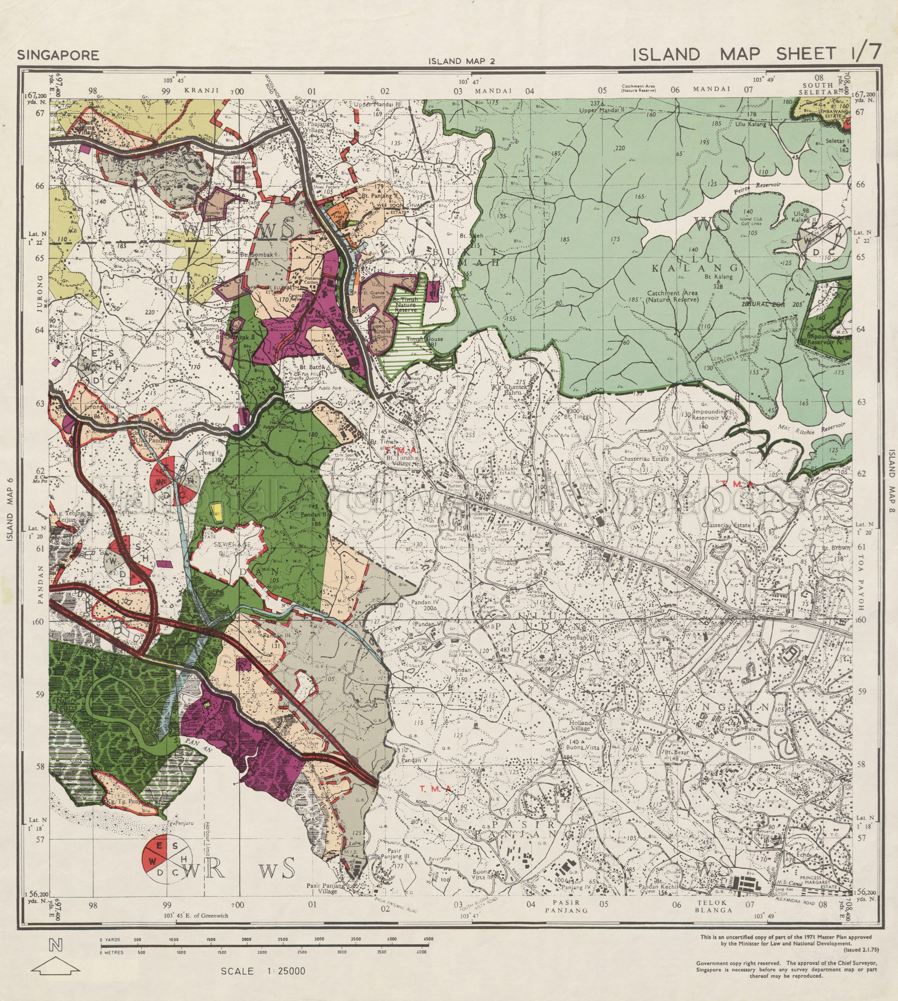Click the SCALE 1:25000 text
[x=263, y=971]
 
